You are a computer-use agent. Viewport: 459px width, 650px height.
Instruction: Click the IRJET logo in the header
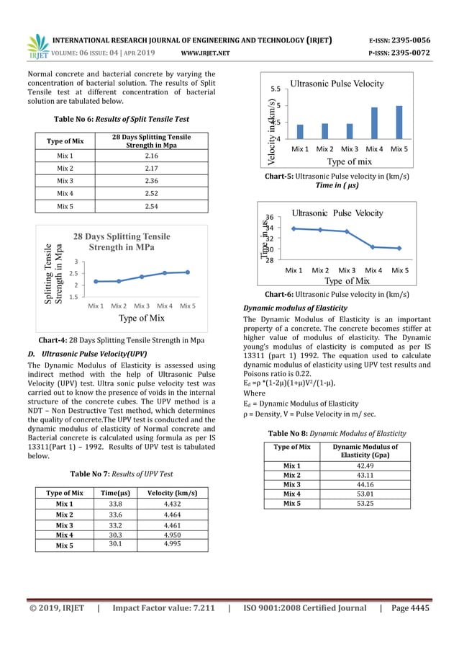click(x=37, y=45)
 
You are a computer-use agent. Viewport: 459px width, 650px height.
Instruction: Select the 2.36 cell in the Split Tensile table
click(x=152, y=181)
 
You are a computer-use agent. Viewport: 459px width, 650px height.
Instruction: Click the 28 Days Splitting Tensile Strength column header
click(x=152, y=141)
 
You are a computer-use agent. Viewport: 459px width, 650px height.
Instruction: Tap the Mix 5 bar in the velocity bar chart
click(x=399, y=123)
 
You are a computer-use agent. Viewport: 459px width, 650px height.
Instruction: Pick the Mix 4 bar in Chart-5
click(x=374, y=123)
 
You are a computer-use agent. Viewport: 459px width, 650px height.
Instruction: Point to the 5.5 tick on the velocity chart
click(x=276, y=89)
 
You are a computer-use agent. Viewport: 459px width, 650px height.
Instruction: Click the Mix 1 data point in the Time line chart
click(x=294, y=228)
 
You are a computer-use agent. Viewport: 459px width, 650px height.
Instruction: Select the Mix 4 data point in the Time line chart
click(x=373, y=247)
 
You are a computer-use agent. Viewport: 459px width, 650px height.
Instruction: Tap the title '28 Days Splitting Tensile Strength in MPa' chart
click(x=122, y=242)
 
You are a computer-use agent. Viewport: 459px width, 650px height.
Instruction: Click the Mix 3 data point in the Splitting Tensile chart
click(x=142, y=277)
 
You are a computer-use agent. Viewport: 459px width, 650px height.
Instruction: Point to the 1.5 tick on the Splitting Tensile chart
click(x=73, y=296)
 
